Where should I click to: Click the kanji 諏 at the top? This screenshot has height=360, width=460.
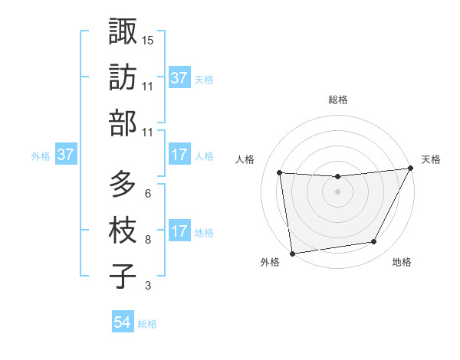123,31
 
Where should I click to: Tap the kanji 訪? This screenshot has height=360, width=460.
123,78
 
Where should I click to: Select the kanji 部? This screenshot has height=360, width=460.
123,124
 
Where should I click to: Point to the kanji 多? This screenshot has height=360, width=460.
123,185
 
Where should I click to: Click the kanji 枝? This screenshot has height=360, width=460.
123,231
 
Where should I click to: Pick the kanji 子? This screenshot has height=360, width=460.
123,277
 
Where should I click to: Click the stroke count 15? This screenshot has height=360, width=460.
148,40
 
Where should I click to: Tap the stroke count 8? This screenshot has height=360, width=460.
148,240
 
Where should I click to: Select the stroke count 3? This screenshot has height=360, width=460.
148,286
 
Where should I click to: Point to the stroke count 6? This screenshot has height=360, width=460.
148,194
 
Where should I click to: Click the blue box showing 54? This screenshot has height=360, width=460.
123,322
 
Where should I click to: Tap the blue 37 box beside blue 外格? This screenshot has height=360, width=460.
66,155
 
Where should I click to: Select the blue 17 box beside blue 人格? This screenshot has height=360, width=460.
179,155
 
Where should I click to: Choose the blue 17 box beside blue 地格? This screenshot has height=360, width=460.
179,231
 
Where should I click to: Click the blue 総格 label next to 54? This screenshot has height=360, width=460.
147,324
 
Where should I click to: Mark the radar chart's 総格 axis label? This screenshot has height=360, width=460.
338,100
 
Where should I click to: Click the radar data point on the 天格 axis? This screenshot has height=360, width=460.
411,169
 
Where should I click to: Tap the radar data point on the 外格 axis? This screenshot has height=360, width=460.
292,253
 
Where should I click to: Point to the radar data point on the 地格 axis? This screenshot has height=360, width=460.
374,242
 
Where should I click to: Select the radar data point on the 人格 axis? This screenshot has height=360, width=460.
280,173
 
